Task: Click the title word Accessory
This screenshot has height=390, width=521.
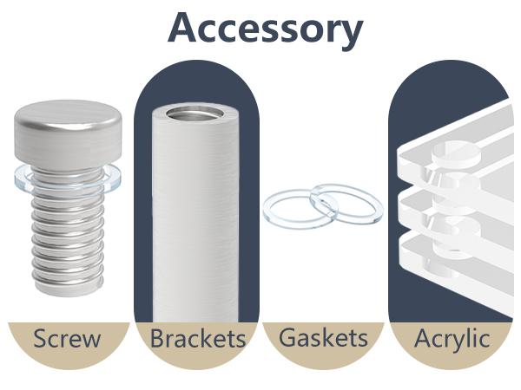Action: coord(265,29)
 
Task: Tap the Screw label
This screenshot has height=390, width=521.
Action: coord(67,338)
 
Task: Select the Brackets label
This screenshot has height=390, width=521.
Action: coord(198,338)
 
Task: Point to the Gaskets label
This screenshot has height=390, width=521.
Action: coord(323,338)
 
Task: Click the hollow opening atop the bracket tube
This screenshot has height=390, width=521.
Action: coord(196,114)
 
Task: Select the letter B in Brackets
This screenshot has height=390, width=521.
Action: coord(157,338)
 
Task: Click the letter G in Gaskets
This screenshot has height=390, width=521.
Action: coord(287,338)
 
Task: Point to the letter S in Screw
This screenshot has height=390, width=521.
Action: coord(40,338)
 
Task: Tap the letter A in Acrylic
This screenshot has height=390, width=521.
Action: coord(423,338)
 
